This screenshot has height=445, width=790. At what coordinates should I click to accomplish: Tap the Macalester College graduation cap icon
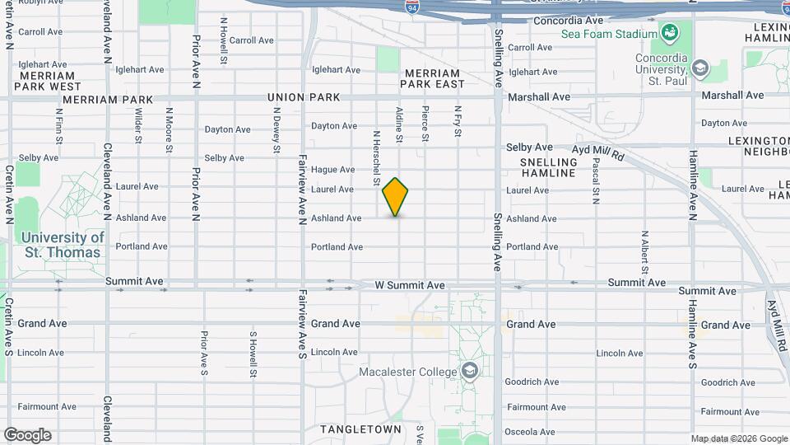pyautogui.click(x=469, y=372)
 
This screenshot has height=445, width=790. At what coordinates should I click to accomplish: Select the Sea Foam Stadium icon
pyautogui.click(x=670, y=34)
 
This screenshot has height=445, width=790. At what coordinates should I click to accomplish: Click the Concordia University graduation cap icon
pyautogui.click(x=700, y=67)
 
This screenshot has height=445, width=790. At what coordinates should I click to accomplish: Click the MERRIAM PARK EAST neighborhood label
pyautogui.click(x=433, y=78)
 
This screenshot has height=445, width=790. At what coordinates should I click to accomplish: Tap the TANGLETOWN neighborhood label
pyautogui.click(x=360, y=429)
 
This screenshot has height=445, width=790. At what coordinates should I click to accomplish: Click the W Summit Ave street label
pyautogui.click(x=410, y=285)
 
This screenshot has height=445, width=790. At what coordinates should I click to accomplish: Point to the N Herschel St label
pyautogui.click(x=376, y=157)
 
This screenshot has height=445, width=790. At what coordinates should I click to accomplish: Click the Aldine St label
pyautogui.click(x=398, y=124)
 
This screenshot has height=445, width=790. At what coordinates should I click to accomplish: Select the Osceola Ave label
pyautogui.click(x=532, y=430)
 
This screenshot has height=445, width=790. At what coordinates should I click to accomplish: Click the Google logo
pyautogui.click(x=28, y=434)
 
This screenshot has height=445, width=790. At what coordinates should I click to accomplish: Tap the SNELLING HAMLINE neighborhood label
pyautogui.click(x=548, y=167)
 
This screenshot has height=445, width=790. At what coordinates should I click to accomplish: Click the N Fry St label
pyautogui.click(x=457, y=121)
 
